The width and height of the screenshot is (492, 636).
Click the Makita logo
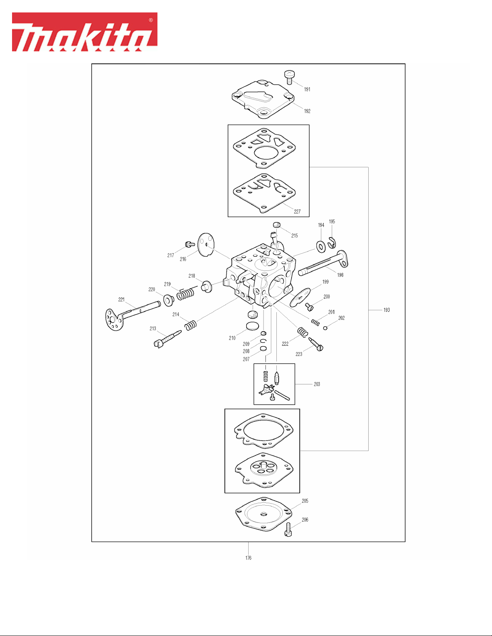tap(84, 32)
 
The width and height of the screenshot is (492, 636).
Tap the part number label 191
tap(307, 89)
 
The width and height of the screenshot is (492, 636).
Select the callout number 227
tap(297, 211)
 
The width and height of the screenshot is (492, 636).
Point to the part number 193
tap(386, 310)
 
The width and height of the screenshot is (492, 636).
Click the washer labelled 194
tap(321, 246)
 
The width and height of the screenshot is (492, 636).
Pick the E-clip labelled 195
tap(332, 243)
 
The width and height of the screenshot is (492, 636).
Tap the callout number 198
tap(340, 275)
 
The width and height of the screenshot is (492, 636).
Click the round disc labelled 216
tap(206, 244)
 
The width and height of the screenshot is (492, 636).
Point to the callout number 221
tap(121, 299)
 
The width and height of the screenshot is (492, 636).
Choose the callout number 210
tap(232, 338)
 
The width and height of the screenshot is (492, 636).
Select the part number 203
tap(317, 384)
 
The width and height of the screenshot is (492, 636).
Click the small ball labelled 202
tap(325, 328)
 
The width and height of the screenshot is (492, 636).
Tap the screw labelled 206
tap(288, 530)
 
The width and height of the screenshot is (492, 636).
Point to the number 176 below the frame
tap(248, 558)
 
